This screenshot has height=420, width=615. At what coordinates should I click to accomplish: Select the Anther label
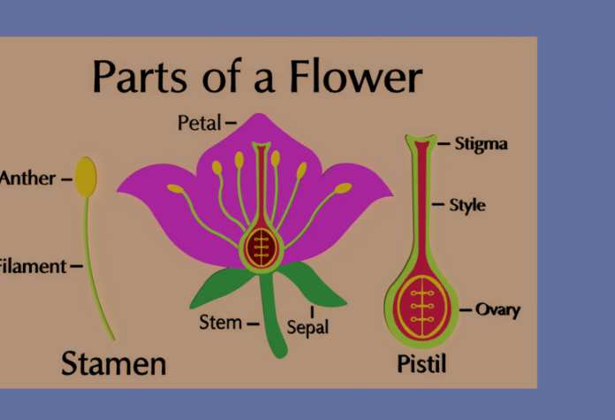click(x=27, y=178)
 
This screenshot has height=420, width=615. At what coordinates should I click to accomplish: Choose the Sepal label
click(x=307, y=328)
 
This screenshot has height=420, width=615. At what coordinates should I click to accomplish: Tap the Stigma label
click(x=481, y=143)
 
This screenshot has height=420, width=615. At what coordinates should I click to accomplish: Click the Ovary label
click(x=497, y=309)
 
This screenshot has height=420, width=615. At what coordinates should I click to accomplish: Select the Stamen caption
click(x=113, y=363)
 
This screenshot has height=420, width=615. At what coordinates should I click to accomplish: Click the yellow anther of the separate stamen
click(x=86, y=177)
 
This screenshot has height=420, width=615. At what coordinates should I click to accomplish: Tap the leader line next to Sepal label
click(x=312, y=311)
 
